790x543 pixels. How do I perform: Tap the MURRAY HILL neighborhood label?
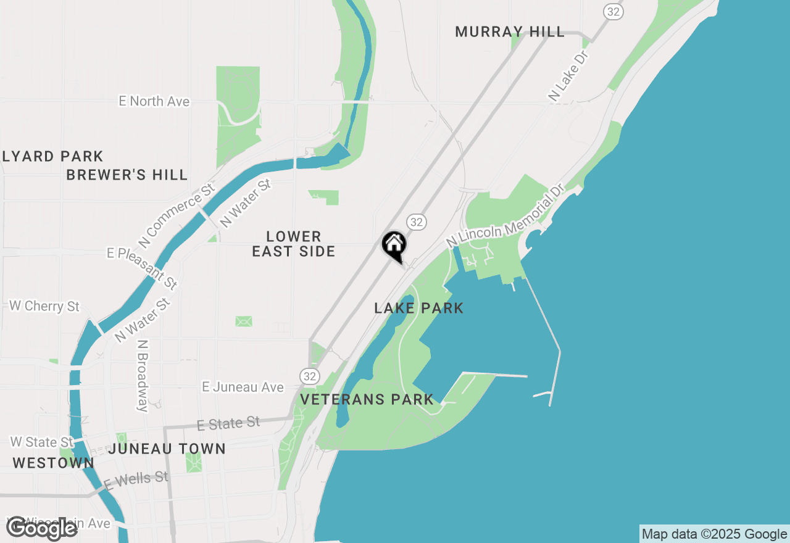[510, 31]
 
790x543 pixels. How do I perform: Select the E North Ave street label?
[154, 101]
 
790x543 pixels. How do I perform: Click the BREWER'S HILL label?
[127, 175]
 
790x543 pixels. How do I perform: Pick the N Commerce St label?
[178, 213]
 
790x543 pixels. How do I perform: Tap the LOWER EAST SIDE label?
[294, 244]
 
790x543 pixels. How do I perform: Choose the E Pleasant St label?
[142, 268]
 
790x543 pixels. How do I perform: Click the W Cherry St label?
[44, 306]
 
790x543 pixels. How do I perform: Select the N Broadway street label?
[143, 375]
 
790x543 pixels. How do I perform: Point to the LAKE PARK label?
[418, 308]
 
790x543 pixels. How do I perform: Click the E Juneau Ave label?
[243, 387]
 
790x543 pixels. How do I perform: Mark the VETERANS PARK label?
[367, 399]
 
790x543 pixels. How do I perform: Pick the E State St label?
[228, 424]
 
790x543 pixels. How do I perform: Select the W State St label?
[42, 442]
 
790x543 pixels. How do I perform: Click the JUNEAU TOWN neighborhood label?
[167, 449]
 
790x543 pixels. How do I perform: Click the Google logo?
[41, 528]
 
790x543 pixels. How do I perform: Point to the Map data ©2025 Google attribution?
[714, 534]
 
